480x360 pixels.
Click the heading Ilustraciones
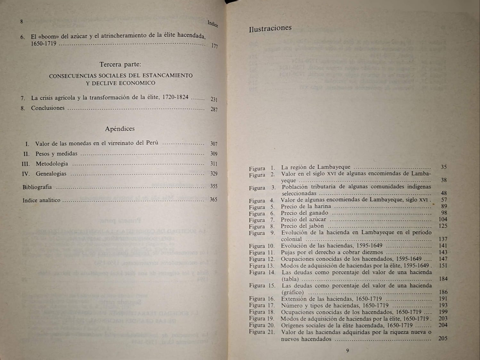click(x=270, y=29)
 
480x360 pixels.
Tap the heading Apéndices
click(x=120, y=129)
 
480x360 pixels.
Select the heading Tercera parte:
click(x=120, y=64)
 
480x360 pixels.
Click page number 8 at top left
click(x=21, y=21)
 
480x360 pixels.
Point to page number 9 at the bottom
click(x=347, y=351)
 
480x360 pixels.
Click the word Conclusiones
click(x=48, y=108)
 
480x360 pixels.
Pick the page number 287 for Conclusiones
click(x=214, y=109)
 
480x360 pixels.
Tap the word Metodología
click(x=52, y=164)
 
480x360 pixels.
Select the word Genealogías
click(x=51, y=174)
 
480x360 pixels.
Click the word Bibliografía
click(x=37, y=187)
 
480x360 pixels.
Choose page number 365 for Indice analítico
click(x=213, y=200)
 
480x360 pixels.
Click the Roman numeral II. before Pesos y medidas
click(x=27, y=154)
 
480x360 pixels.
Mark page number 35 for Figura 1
click(x=443, y=167)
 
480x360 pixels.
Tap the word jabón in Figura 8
click(x=315, y=226)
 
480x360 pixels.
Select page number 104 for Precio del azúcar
click(x=443, y=219)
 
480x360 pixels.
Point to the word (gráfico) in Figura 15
click(x=292, y=292)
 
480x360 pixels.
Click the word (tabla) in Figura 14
click(x=290, y=279)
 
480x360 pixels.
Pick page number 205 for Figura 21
click(x=443, y=338)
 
